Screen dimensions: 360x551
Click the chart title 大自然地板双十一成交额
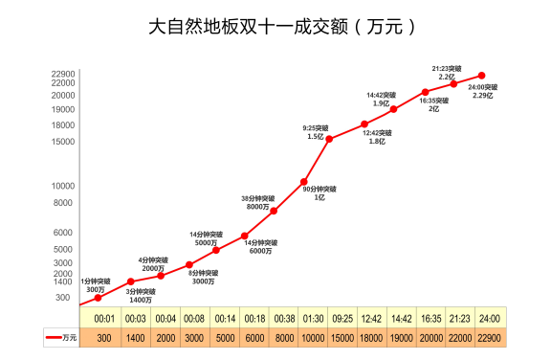coord(275,27)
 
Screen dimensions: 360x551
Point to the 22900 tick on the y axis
coord(63,74)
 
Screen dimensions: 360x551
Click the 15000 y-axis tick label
coord(63,142)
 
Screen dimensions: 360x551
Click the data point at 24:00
coord(482,75)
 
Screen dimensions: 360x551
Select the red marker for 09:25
coord(328,139)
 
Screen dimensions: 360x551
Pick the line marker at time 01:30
coord(303,182)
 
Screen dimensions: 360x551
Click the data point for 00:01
coord(98,298)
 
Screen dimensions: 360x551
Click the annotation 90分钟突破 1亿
coord(314,193)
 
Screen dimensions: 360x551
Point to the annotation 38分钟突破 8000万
coord(257,202)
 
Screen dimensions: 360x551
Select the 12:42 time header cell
coord(371,318)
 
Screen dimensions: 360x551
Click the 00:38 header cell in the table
coord(283,318)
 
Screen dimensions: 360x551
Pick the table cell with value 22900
coord(490,338)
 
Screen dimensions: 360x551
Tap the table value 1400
coord(135,338)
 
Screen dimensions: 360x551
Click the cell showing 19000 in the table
coord(401,338)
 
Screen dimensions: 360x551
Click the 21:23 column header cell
coord(460,318)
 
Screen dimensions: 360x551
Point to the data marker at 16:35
coord(425,92)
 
